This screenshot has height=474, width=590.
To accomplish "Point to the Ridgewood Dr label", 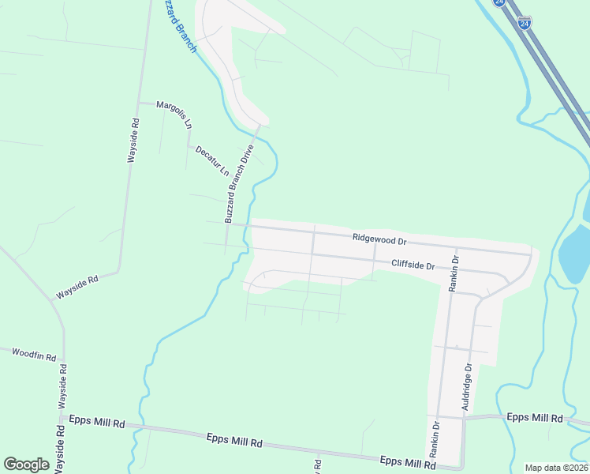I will [379, 238].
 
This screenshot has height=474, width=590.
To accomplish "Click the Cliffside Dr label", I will [413, 266].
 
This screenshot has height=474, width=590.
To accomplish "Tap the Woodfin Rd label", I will [34, 354].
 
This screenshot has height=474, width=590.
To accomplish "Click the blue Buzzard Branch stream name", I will [177, 25].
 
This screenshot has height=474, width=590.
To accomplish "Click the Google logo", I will [26, 465].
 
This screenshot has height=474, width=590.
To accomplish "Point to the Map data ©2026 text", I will [556, 468].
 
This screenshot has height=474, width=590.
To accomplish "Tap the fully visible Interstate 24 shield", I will [524, 24].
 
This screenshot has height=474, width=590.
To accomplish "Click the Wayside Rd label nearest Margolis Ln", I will [133, 141].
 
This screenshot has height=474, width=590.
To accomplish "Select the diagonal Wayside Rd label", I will [76, 287].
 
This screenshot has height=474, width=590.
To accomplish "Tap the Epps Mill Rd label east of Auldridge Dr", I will [534, 417].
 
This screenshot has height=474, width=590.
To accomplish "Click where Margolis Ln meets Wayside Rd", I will [140, 103].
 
